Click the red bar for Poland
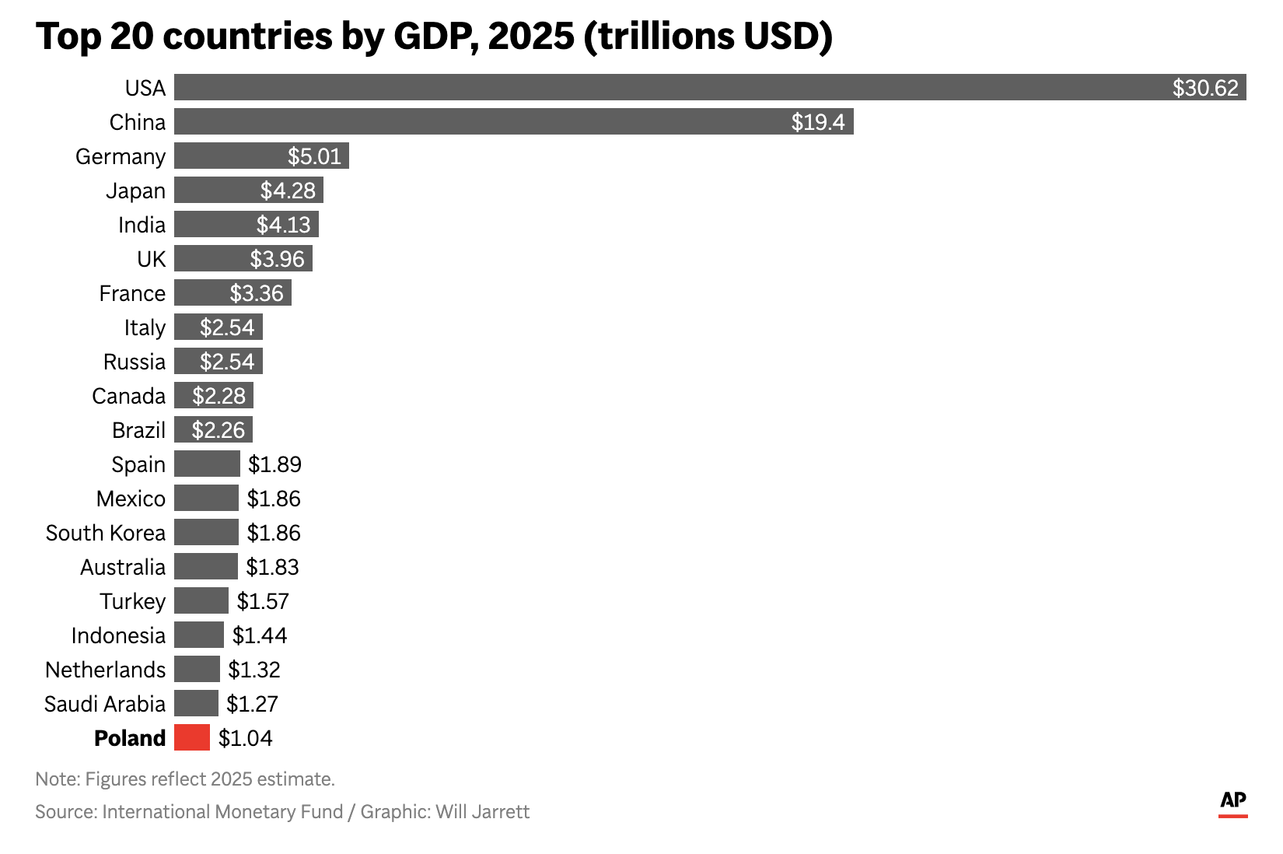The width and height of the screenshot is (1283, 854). (192, 737)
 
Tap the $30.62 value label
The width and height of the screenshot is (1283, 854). (1205, 88)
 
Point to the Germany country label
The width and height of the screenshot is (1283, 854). (121, 156)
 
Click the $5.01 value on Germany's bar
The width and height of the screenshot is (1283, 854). (314, 156)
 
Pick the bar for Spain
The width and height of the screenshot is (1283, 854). (207, 464)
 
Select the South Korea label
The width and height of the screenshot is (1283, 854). (106, 533)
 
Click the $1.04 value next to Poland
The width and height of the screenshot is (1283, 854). (246, 738)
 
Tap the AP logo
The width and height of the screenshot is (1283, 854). (1233, 802)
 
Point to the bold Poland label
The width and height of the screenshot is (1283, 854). (130, 738)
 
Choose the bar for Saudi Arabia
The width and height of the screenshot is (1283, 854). (196, 703)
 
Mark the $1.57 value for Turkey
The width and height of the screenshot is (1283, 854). (263, 601)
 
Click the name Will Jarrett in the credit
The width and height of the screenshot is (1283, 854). (482, 812)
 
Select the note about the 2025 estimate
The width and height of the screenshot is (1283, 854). (185, 779)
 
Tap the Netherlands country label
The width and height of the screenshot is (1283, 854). (106, 670)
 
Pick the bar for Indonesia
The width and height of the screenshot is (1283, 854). (199, 635)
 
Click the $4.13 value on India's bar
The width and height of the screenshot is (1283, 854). (284, 225)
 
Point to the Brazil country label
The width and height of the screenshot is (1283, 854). (138, 430)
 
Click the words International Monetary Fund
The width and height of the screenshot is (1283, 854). (222, 812)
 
